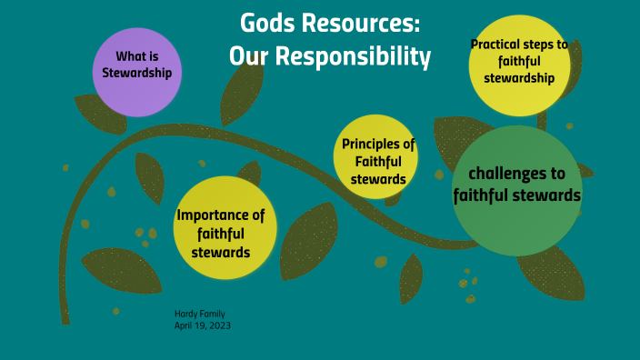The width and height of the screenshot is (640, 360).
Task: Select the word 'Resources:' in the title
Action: click(x=363, y=23)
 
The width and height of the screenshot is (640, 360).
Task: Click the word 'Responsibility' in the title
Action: click(x=356, y=56)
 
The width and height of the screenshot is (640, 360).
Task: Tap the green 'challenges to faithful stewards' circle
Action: click(x=516, y=189)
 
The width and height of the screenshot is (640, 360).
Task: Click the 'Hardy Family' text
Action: click(x=199, y=313)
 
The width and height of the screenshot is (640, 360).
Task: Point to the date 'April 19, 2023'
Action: click(x=203, y=325)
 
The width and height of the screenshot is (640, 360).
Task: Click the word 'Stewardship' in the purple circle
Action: click(x=137, y=73)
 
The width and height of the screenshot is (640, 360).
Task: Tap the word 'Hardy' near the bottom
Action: click(x=185, y=313)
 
